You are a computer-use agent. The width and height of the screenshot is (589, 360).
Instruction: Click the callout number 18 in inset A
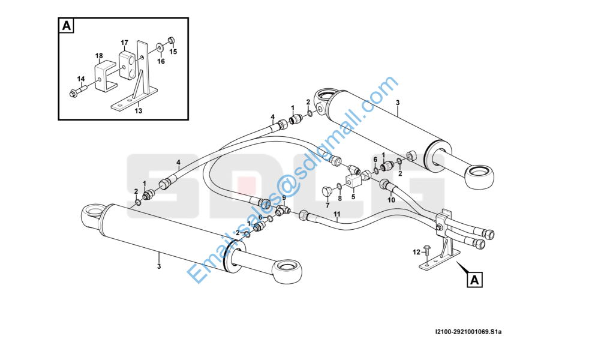coord(99,56)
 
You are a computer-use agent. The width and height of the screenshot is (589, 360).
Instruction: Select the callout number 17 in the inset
coord(124,43)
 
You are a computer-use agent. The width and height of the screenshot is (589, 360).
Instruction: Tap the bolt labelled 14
coord(78,91)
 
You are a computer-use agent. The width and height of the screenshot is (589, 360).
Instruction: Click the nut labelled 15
coord(170,40)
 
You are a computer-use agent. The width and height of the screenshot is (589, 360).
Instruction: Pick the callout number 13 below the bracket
coord(139,111)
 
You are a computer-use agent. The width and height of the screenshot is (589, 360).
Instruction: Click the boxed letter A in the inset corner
coord(66,26)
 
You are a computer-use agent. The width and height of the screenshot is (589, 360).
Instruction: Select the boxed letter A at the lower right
coord(475,280)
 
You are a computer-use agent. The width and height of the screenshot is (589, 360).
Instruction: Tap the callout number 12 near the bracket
coord(417,252)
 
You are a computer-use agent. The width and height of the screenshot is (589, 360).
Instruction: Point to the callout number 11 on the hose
coord(337,214)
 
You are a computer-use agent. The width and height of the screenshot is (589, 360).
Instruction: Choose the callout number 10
coord(392,200)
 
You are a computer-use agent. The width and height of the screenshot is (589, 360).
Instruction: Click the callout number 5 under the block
coord(353,197)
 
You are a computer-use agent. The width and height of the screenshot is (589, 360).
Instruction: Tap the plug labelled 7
coord(327,191)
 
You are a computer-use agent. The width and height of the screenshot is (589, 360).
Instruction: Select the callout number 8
coord(340,198)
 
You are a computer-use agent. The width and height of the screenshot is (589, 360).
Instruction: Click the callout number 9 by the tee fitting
coord(284,197)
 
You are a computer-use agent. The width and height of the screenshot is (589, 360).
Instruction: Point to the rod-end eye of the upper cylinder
coord(479,176)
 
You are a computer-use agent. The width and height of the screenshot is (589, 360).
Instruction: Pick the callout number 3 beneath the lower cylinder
coord(159,266)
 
